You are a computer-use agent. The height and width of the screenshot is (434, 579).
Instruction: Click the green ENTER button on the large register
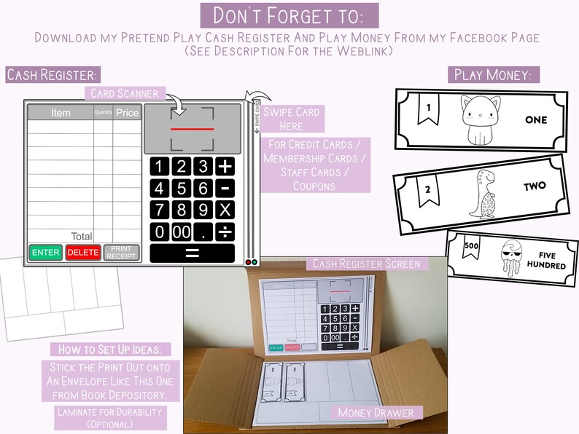(x=46, y=253)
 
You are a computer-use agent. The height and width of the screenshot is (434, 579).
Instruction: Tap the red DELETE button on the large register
(x=83, y=253)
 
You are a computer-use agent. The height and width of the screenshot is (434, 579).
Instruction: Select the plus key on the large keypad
(x=226, y=165)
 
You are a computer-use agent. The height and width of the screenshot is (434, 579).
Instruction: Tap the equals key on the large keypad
(x=193, y=253)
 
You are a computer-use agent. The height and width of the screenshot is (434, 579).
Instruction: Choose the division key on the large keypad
(x=226, y=232)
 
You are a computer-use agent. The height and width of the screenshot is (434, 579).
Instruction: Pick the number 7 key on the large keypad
(x=160, y=210)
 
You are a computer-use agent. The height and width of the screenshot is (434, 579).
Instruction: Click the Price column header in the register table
(x=126, y=113)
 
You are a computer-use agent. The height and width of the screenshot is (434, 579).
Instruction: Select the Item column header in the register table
(x=61, y=113)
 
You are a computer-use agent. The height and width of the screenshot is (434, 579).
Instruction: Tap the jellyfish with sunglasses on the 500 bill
(x=513, y=258)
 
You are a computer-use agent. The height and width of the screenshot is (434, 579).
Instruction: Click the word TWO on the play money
(x=535, y=186)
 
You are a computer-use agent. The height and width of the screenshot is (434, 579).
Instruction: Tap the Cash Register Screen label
(x=365, y=264)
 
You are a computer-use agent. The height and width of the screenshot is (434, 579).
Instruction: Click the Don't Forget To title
(x=289, y=15)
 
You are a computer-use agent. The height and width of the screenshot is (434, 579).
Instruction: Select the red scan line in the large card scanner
(x=193, y=129)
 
